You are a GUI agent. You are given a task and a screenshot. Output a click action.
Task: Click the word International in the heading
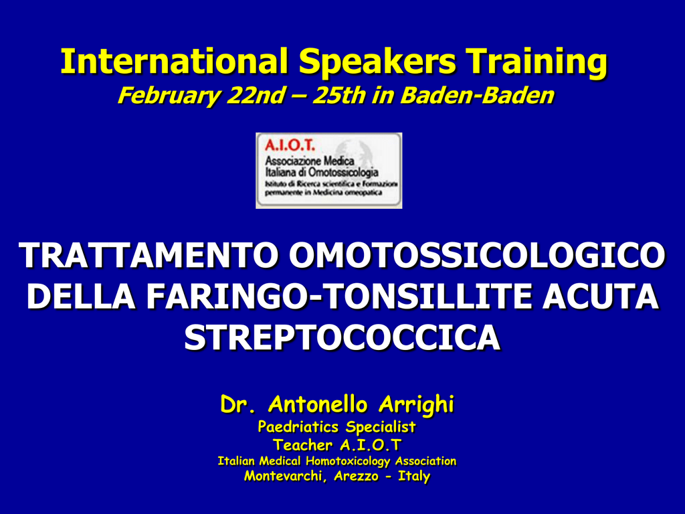[x=174, y=61]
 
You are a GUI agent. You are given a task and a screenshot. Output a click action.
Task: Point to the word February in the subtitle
[x=168, y=96]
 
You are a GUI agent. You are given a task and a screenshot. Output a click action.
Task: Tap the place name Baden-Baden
[x=477, y=95]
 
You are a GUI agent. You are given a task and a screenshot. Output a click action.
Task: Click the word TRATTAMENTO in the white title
[x=149, y=255]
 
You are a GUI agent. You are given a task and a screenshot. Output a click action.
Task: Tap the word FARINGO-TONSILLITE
[x=339, y=296]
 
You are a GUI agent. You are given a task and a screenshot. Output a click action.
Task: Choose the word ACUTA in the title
[x=601, y=296]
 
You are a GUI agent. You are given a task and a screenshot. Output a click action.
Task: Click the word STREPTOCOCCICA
[x=342, y=337]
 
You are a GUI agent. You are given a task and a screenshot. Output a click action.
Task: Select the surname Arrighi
[x=416, y=405]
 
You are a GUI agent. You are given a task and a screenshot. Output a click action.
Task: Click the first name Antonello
[x=318, y=404]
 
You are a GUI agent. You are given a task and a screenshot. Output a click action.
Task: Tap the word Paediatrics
[x=298, y=426]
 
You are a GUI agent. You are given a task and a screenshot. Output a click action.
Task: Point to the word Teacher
[x=303, y=445]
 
